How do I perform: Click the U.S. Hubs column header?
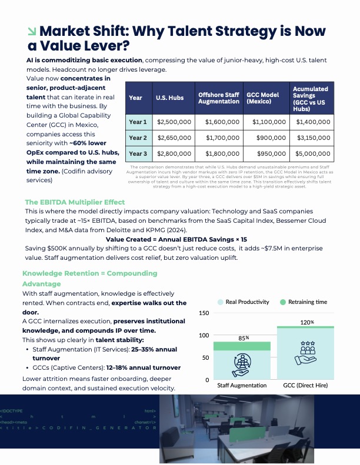pyautogui.click(x=169, y=98)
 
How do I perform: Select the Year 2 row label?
pyautogui.click(x=138, y=138)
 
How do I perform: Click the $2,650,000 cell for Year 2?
pyautogui.click(x=174, y=138)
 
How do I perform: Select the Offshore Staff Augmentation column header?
pyautogui.click(x=219, y=98)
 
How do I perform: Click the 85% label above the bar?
pyautogui.click(x=244, y=338)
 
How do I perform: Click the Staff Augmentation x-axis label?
pyautogui.click(x=242, y=386)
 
